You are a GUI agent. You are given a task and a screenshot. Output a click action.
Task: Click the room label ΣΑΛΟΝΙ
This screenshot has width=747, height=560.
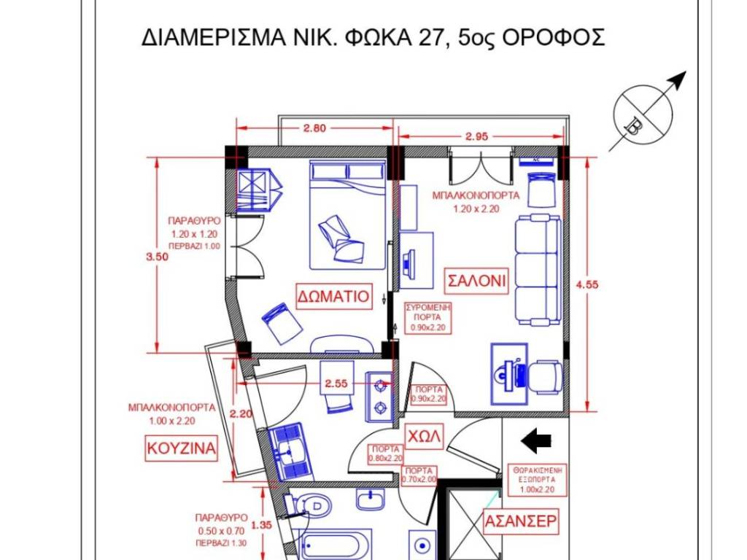click(476, 281)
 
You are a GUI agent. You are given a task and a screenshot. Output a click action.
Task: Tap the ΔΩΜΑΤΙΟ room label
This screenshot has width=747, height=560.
click(333, 296)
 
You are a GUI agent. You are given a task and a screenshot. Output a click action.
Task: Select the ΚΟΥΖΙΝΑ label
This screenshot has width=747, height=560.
click(181, 448)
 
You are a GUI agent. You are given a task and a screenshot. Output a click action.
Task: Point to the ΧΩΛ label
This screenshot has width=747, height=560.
click(424, 436)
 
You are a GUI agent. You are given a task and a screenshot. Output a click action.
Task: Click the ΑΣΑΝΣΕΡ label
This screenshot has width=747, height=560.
click(520, 521)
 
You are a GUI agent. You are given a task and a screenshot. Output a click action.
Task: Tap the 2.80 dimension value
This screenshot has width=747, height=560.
click(314, 128)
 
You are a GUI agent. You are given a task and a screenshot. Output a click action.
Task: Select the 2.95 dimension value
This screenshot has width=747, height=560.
click(477, 136)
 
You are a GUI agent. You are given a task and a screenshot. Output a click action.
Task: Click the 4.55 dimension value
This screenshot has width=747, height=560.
click(587, 285)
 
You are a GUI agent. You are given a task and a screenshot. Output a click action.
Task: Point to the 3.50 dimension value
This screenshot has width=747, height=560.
click(158, 257)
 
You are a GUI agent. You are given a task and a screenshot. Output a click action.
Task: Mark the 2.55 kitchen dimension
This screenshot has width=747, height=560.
click(336, 384)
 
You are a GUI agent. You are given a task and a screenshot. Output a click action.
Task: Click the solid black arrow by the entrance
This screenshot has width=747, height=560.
click(536, 440)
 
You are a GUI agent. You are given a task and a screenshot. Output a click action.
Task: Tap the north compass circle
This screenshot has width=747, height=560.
click(643, 114)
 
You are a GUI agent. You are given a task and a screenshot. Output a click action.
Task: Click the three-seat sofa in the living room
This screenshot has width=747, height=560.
click(538, 270)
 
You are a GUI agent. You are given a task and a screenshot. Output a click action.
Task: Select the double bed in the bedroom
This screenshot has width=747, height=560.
click(347, 215)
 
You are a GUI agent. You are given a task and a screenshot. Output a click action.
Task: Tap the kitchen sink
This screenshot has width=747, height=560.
click(290, 451)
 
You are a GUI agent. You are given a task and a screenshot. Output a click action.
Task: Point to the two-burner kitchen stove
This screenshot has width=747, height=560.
click(379, 396)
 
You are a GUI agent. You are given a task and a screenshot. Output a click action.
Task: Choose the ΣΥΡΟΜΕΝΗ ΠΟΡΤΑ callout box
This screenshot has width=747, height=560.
click(427, 317)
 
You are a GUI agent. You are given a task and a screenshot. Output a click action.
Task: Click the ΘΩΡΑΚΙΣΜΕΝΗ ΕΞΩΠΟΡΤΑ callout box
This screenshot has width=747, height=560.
click(537, 479)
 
